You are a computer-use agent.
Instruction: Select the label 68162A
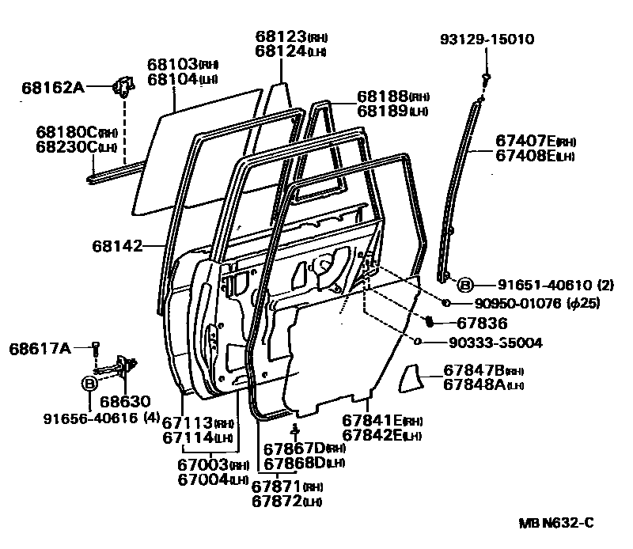[x=52, y=87]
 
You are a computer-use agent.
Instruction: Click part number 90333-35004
[x=497, y=343]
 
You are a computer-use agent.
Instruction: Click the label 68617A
[x=40, y=347]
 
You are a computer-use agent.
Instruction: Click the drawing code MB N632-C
[x=555, y=522]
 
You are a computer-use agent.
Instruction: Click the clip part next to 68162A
[x=123, y=85]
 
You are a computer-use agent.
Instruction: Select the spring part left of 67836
[x=430, y=322]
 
